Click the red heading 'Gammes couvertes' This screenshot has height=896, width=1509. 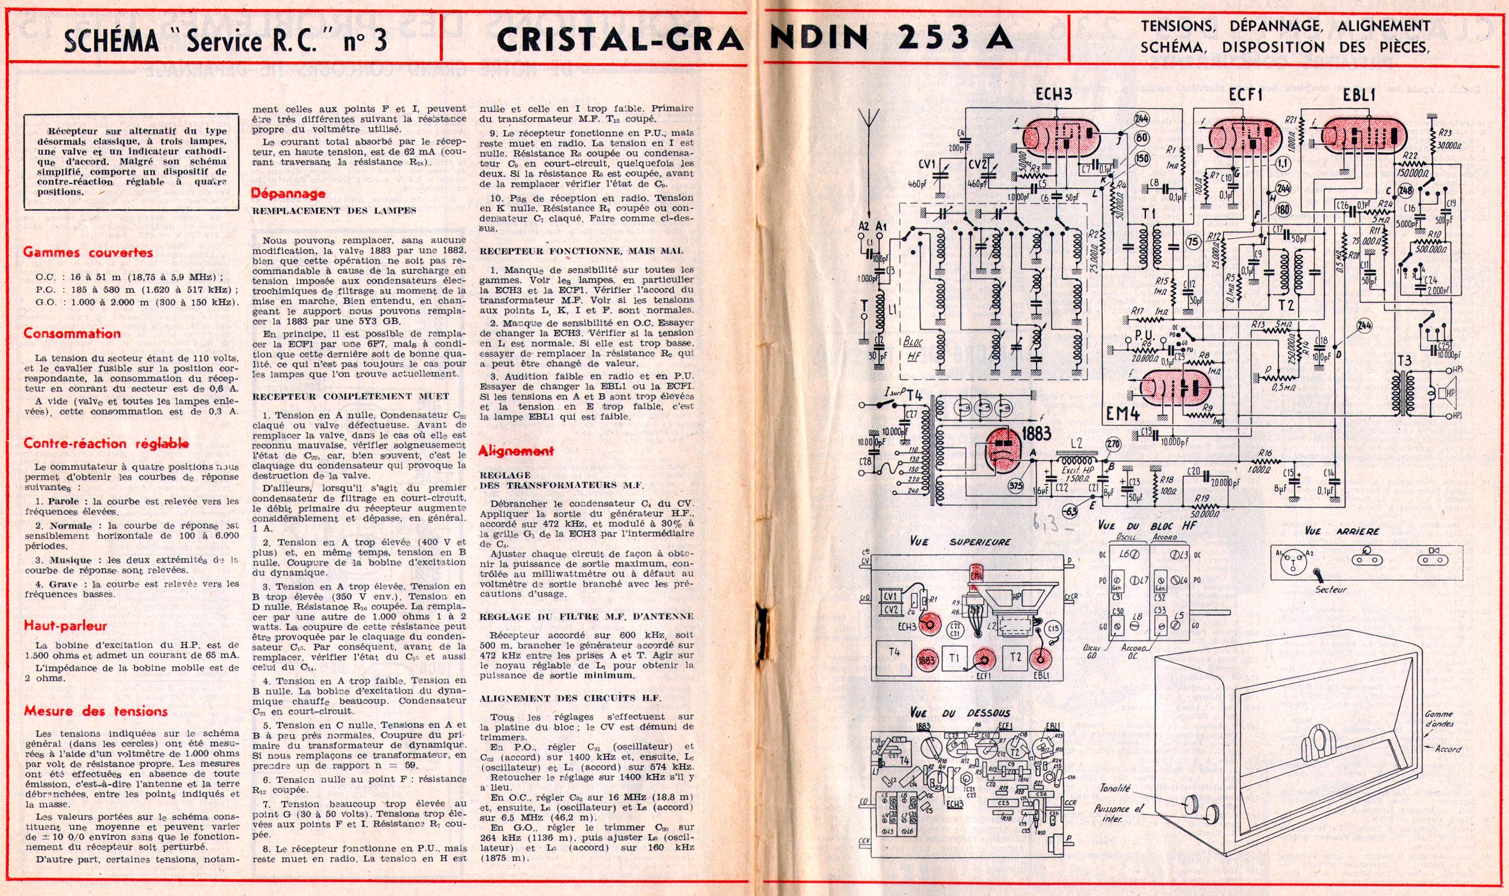pos(88,252)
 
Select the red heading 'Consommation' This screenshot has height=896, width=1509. pos(72,333)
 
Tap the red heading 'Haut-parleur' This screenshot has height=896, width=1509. pos(65,626)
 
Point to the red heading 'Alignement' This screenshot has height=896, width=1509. pos(516,451)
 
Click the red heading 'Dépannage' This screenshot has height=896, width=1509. pos(288,193)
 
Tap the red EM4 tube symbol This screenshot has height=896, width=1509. pos(1175,387)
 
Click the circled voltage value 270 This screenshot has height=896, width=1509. pos(1113,444)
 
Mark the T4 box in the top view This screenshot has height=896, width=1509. pos(894,652)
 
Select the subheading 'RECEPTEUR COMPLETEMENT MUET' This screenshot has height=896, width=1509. pos(350,397)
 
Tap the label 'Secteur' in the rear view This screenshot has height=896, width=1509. pos(1330,589)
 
